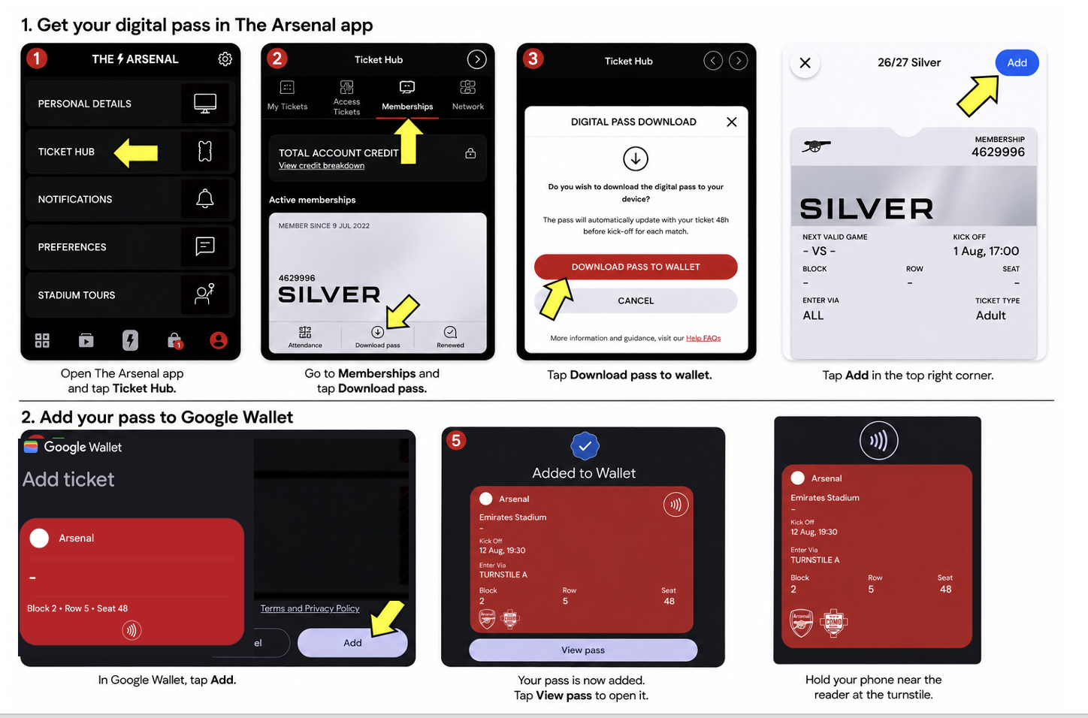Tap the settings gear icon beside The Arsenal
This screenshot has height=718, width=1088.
[x=225, y=59]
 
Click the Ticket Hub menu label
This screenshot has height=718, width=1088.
[x=66, y=152]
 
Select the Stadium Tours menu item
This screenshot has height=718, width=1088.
[x=76, y=295]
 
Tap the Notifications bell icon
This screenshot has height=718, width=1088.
[x=205, y=198]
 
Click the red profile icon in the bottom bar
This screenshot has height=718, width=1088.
[x=219, y=340]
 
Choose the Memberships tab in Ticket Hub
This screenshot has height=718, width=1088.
[x=407, y=95]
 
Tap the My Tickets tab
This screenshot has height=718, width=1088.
[x=287, y=95]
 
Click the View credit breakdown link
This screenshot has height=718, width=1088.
[x=322, y=165]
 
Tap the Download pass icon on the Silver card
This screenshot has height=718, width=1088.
[x=377, y=332]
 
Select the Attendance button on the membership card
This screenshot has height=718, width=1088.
[x=305, y=337]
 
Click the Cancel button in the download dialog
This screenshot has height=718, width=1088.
[x=636, y=300]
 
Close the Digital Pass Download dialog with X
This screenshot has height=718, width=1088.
[x=732, y=122]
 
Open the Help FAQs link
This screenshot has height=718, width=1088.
[x=703, y=338]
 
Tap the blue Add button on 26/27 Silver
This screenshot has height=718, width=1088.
[x=1017, y=62]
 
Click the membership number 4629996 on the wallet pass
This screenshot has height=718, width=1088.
[x=998, y=152]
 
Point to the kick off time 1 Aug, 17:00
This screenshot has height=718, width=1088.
[x=986, y=251]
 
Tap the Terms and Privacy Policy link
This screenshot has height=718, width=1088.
[x=310, y=608]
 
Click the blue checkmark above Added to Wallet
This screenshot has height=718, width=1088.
[x=585, y=445]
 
